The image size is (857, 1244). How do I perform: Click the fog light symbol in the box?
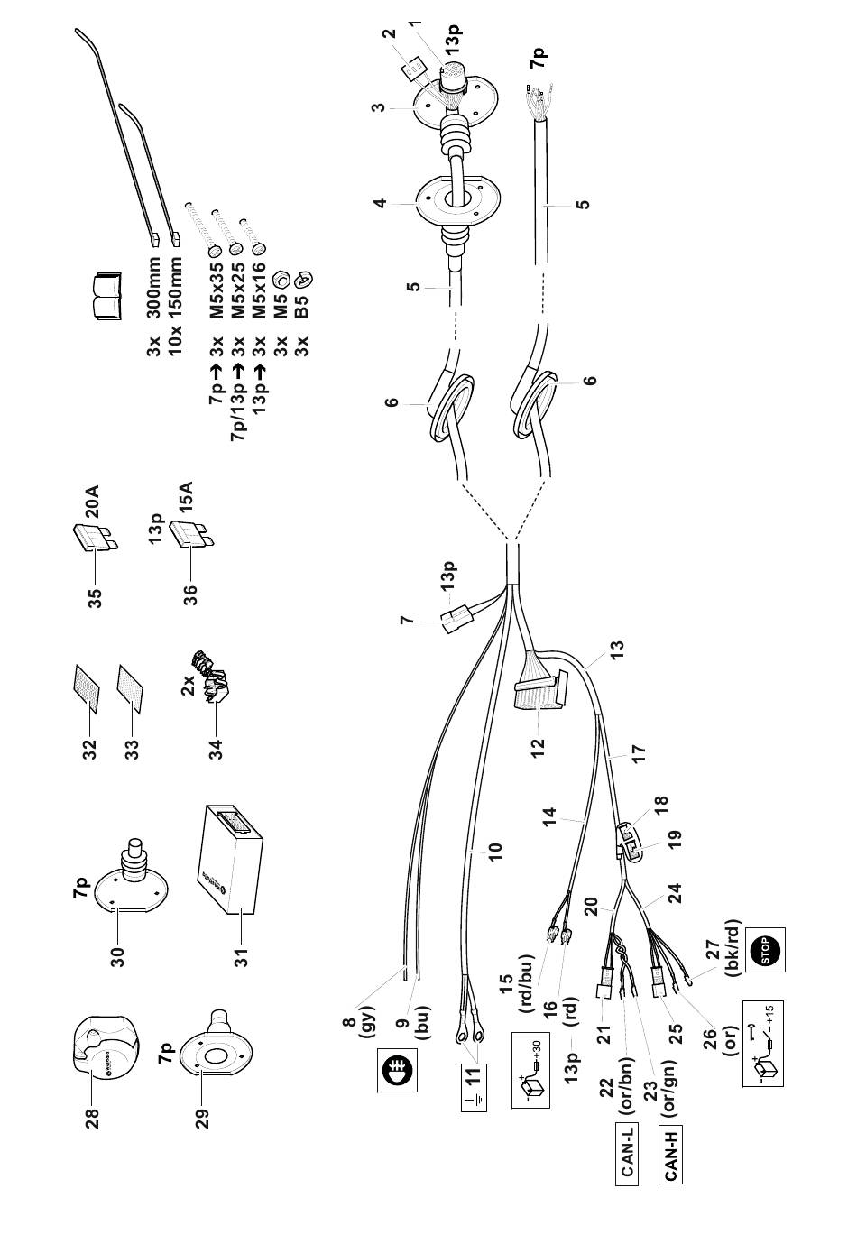pos(397,1071)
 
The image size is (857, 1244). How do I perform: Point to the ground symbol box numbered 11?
pos(473,1088)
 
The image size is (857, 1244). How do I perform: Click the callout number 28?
pos(91,1119)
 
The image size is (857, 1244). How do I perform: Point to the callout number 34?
pos(217,748)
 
